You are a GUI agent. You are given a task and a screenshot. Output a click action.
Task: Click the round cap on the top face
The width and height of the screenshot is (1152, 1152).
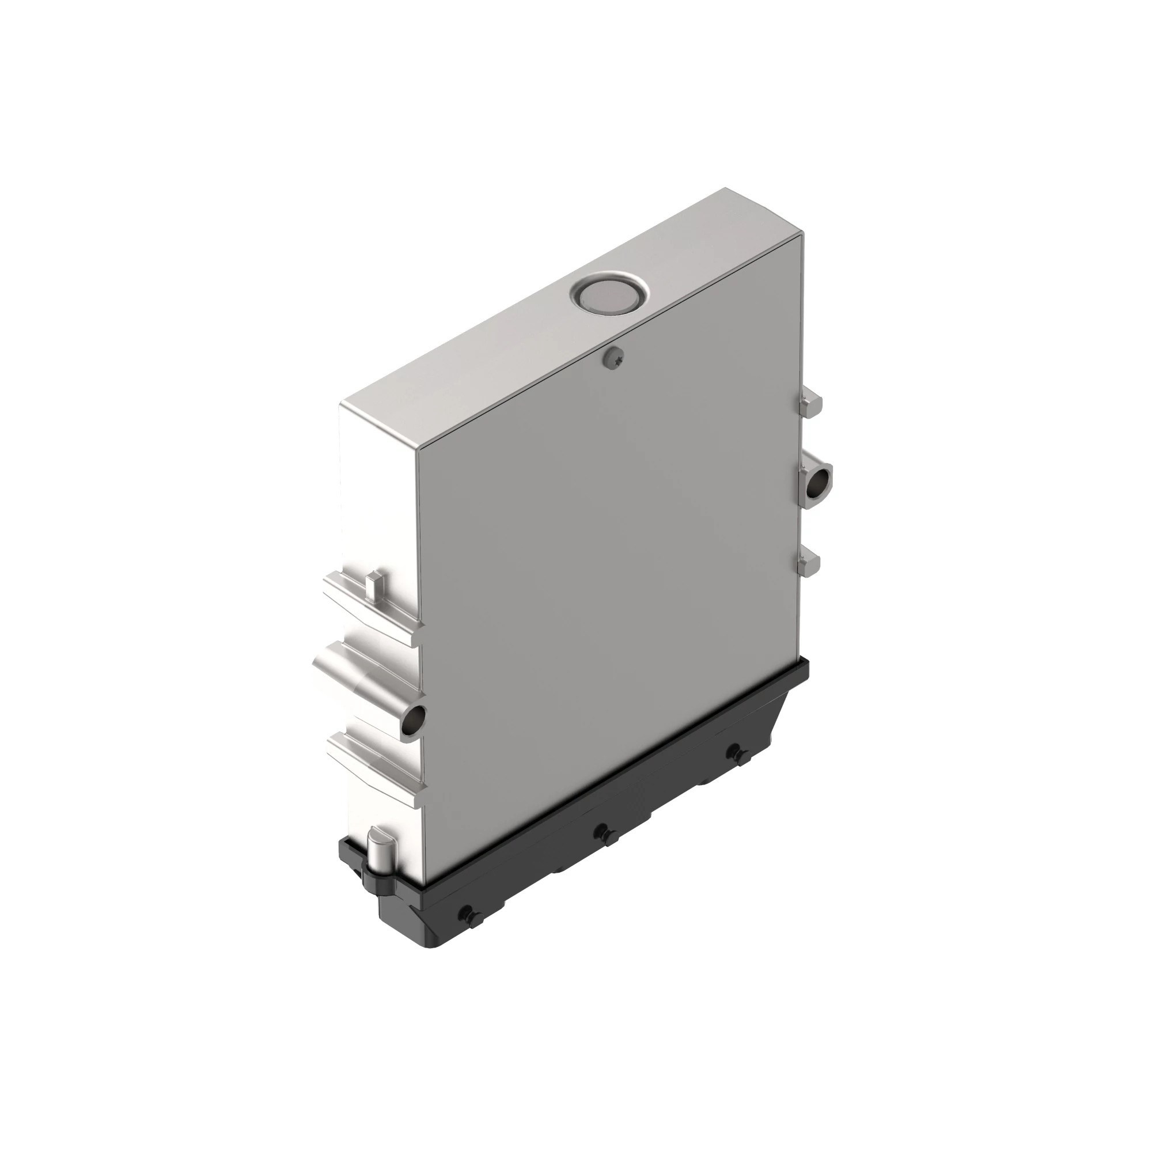608,294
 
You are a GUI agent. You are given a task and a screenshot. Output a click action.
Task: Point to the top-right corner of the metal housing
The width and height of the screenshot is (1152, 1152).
726,190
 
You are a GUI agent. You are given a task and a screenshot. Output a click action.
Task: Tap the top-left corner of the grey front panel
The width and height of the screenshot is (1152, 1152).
419,448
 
